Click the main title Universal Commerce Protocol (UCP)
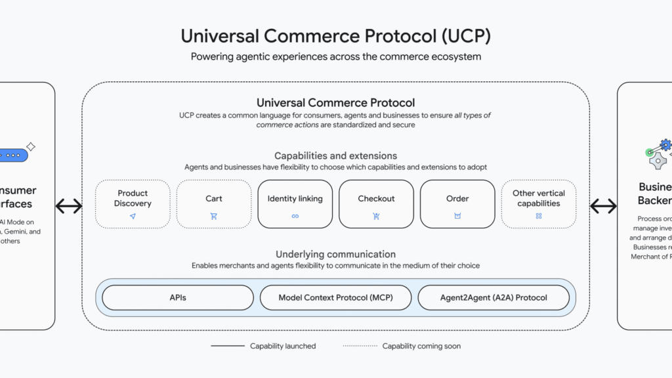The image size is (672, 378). (x=335, y=35)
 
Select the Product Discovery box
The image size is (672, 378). (x=133, y=204)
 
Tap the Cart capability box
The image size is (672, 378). (x=214, y=204)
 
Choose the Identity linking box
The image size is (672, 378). (x=295, y=204)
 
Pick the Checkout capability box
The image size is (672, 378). (x=376, y=204)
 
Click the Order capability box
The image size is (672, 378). (x=457, y=204)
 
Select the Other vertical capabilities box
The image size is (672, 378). (x=539, y=204)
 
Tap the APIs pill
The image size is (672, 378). (x=178, y=297)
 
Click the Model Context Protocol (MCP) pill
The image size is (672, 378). (x=335, y=297)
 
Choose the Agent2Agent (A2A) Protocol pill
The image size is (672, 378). (x=493, y=297)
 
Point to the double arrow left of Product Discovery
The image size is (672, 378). (x=69, y=206)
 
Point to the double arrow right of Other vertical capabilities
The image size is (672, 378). (x=603, y=206)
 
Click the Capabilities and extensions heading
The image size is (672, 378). (x=335, y=156)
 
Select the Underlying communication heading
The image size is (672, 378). (x=335, y=254)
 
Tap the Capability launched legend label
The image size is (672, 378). (x=283, y=346)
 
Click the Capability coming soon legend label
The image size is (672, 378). (x=421, y=346)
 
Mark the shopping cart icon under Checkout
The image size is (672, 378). (x=376, y=216)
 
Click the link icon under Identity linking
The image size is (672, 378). (x=295, y=216)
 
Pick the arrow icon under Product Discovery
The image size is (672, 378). (x=133, y=216)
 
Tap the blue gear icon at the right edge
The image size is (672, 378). (x=665, y=144)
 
